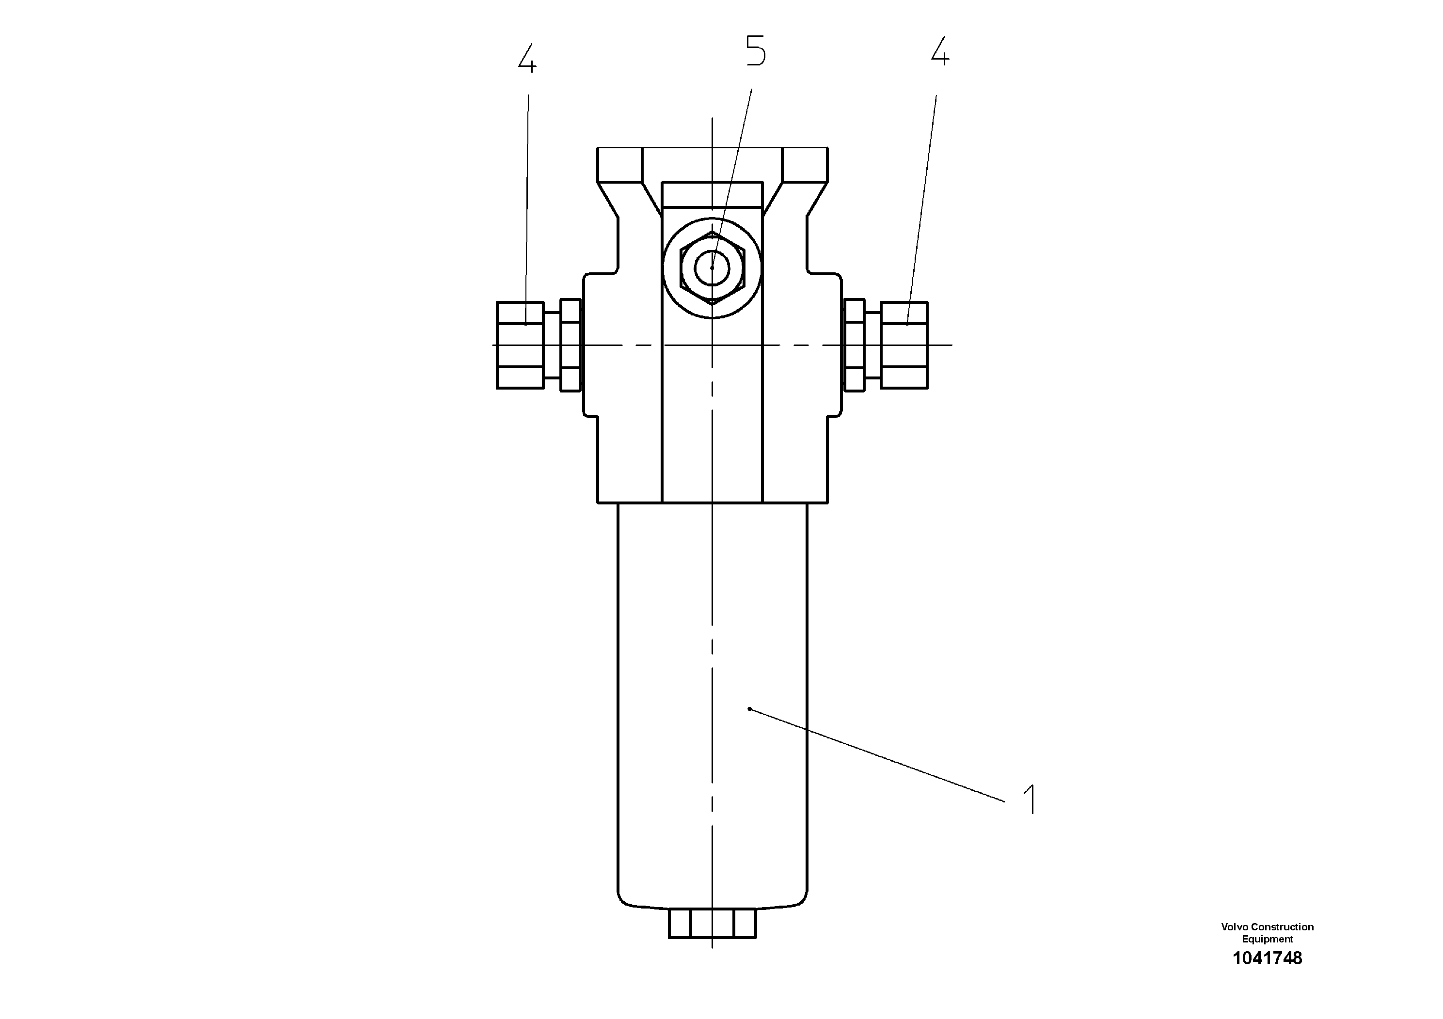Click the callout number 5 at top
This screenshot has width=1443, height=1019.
coord(756,51)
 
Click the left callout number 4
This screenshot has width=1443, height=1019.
coord(527,59)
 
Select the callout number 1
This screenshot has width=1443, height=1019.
coord(1029,799)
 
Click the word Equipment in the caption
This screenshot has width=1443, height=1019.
coord(1267,939)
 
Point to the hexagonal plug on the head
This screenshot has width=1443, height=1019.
coord(712,267)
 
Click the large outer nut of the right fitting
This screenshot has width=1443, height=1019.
coord(904,345)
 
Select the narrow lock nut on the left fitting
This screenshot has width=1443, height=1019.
coord(570,345)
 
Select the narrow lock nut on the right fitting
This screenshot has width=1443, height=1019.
coord(855,345)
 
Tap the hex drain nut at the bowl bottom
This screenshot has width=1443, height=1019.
coord(712,923)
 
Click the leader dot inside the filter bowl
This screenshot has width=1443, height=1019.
coord(749,709)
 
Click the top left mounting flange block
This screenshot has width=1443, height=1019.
coord(619,165)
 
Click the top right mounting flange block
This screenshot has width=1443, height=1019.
coord(805,165)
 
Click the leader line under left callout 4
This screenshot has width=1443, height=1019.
coord(527,207)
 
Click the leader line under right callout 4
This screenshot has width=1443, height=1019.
coord(922,207)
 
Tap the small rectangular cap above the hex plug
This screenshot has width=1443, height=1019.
coord(712,195)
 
